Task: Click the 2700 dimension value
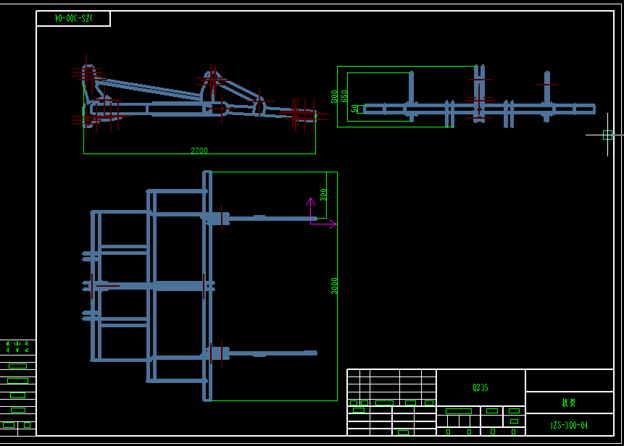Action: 199,151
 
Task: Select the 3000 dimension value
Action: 334,285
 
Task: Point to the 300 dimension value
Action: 323,195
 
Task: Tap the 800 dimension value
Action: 334,96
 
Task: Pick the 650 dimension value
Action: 344,96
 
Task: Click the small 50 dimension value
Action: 354,109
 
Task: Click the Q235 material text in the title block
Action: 481,387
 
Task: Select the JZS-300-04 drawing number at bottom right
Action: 569,425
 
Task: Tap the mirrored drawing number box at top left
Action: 73,18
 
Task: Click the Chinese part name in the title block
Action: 569,403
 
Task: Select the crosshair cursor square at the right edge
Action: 607,135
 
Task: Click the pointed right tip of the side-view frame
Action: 315,114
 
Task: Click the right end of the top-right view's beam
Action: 593,109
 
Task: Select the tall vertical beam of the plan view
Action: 207,285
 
